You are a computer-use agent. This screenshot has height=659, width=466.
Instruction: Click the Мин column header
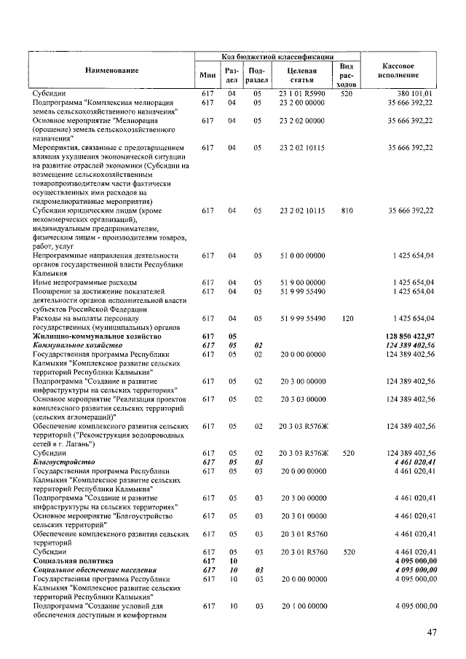coord(208,74)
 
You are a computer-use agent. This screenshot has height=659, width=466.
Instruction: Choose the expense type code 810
coord(347,210)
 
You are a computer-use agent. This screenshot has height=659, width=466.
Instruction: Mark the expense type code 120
coord(347,318)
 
